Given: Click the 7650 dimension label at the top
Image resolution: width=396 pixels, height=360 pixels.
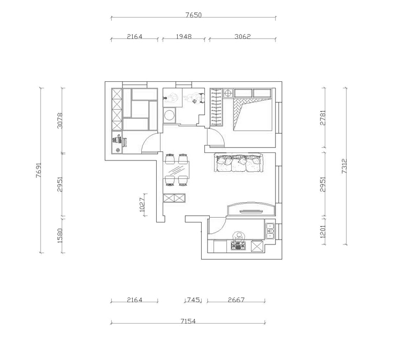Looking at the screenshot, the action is click(x=194, y=15).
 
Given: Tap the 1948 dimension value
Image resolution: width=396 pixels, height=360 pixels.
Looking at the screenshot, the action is click(x=184, y=36).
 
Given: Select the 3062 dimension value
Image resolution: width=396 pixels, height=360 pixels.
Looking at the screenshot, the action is click(x=242, y=36).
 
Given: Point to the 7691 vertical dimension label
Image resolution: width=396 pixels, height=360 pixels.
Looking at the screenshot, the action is click(x=39, y=170).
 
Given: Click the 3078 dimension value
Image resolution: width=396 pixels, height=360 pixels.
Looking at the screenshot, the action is click(x=60, y=121).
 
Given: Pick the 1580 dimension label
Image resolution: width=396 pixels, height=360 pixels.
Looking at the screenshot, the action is click(x=60, y=235).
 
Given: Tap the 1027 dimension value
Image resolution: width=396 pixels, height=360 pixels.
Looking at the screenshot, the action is click(x=142, y=204).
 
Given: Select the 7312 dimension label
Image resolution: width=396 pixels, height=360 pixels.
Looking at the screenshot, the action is click(x=344, y=166).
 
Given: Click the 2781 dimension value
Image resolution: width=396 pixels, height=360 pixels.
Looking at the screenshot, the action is click(x=323, y=118).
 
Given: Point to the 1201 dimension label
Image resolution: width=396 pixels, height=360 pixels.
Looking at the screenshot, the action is click(x=323, y=231).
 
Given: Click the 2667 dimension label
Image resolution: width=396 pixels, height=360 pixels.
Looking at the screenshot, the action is click(x=236, y=300).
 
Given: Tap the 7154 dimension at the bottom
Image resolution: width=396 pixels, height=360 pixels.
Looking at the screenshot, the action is click(x=188, y=321).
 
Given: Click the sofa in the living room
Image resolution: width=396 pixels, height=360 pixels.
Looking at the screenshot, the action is click(x=239, y=162).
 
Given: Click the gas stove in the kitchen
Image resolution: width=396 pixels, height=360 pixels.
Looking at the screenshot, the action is click(x=238, y=246).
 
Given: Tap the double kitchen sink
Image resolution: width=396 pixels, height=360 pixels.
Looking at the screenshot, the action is click(x=270, y=231).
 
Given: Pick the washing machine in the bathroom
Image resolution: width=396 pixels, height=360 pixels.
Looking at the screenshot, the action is click(x=169, y=116).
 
